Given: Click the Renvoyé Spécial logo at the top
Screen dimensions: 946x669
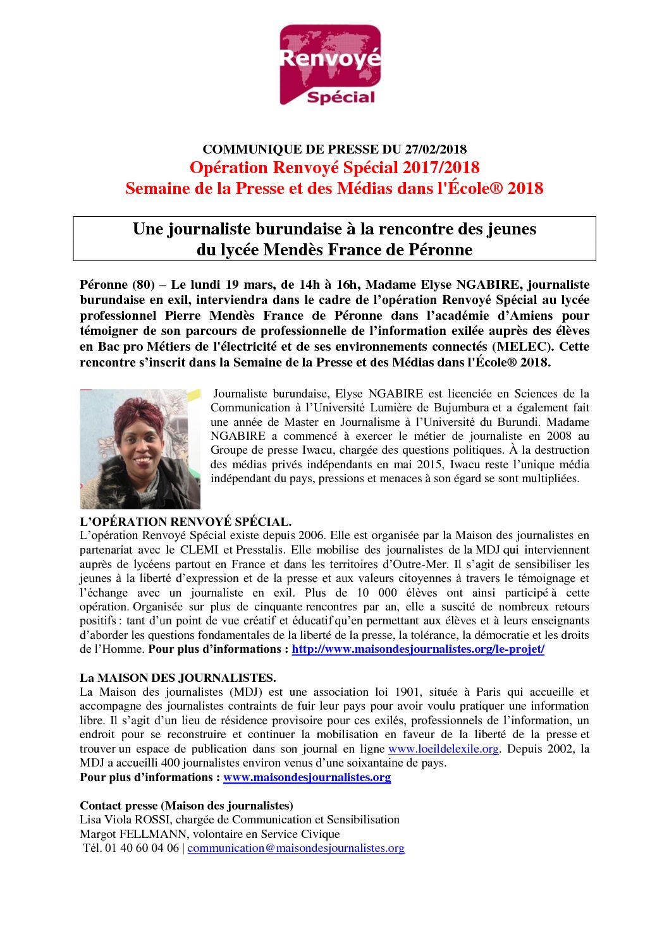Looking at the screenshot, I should pos(330,65).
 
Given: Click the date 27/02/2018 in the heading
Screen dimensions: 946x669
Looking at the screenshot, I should pos(436,149).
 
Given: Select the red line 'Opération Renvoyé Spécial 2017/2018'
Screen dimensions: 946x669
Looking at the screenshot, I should pos(334,167).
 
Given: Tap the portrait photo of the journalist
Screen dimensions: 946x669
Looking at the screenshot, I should pos(140,449).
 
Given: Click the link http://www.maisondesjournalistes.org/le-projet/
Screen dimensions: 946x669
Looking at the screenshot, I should pos(418,649).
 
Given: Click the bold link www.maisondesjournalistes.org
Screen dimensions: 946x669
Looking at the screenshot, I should pos(307,777).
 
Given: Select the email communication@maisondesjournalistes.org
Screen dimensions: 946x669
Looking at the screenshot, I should pos(296,848).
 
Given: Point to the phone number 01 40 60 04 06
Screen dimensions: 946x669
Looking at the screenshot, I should pos(142,848).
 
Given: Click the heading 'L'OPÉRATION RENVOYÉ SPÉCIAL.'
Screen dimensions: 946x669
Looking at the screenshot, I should pos(185,522).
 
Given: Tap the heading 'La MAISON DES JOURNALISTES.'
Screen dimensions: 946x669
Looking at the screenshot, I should pos(178,678).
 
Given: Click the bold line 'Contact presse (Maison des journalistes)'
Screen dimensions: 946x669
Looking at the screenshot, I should pos(186,806).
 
